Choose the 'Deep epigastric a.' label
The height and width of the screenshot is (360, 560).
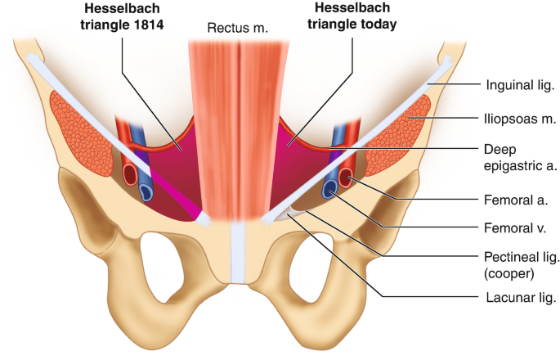515,158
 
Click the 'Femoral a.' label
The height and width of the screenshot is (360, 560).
512,198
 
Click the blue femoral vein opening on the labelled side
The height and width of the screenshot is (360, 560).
329,190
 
